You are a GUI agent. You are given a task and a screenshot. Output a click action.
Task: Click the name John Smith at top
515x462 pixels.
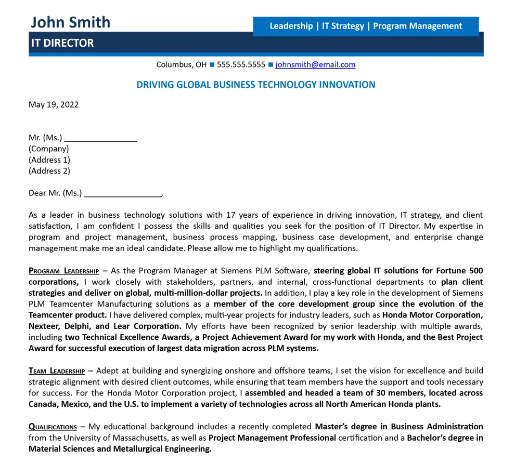coord(70,22)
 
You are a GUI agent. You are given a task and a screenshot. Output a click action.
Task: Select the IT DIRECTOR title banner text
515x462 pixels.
coord(62,43)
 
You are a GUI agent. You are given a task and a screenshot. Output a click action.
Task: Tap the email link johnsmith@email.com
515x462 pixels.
coord(315,65)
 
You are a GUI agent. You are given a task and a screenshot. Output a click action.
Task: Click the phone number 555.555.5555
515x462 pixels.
coord(241,65)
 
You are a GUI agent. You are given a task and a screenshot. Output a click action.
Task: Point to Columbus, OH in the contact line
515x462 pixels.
coord(182,65)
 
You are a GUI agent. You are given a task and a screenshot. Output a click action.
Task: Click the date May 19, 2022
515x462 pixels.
coord(54,104)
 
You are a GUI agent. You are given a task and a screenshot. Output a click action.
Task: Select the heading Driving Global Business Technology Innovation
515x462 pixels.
coord(255,85)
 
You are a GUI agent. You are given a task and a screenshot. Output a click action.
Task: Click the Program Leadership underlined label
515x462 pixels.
coord(63,271)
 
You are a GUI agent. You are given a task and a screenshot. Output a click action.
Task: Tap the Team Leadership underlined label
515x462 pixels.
coord(57,371)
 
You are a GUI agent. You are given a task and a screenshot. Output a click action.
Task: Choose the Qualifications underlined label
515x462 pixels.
coord(53,427)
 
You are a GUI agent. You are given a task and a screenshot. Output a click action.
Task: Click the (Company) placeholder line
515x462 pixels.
coord(48,149)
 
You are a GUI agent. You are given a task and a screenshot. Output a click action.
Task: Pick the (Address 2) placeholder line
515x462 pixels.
coord(49,171)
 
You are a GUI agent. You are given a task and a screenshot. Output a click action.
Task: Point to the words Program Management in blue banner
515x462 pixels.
coord(417,26)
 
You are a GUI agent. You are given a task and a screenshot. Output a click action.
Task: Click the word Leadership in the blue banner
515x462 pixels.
coord(291,26)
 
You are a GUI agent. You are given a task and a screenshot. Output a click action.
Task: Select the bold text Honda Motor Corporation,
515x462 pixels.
coord(432,315)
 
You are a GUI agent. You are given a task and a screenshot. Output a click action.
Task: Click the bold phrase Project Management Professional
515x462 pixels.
coord(272,438)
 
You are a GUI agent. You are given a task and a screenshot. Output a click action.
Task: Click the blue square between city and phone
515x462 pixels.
coord(212,65)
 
